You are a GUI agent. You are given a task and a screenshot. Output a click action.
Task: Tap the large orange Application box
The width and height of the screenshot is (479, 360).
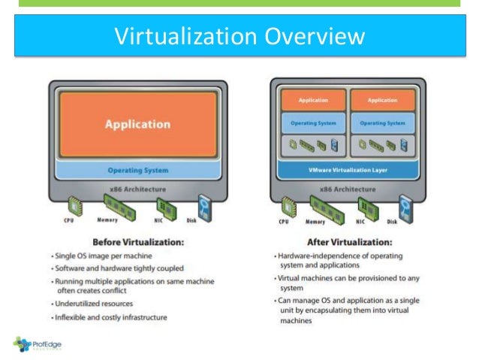click(x=137, y=124)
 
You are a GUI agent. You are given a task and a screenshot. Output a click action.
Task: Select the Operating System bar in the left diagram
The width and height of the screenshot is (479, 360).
click(x=137, y=170)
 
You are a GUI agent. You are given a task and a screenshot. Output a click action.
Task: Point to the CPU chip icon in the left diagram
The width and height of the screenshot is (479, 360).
click(x=74, y=205)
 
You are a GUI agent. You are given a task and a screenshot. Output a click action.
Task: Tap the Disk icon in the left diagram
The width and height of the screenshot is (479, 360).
click(x=202, y=205)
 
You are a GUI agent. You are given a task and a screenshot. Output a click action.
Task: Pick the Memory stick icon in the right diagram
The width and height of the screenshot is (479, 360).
click(x=316, y=205)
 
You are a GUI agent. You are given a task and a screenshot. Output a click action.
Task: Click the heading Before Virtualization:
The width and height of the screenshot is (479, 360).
click(x=137, y=242)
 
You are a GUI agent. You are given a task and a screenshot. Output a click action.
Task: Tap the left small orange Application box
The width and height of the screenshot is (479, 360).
click(x=313, y=100)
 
